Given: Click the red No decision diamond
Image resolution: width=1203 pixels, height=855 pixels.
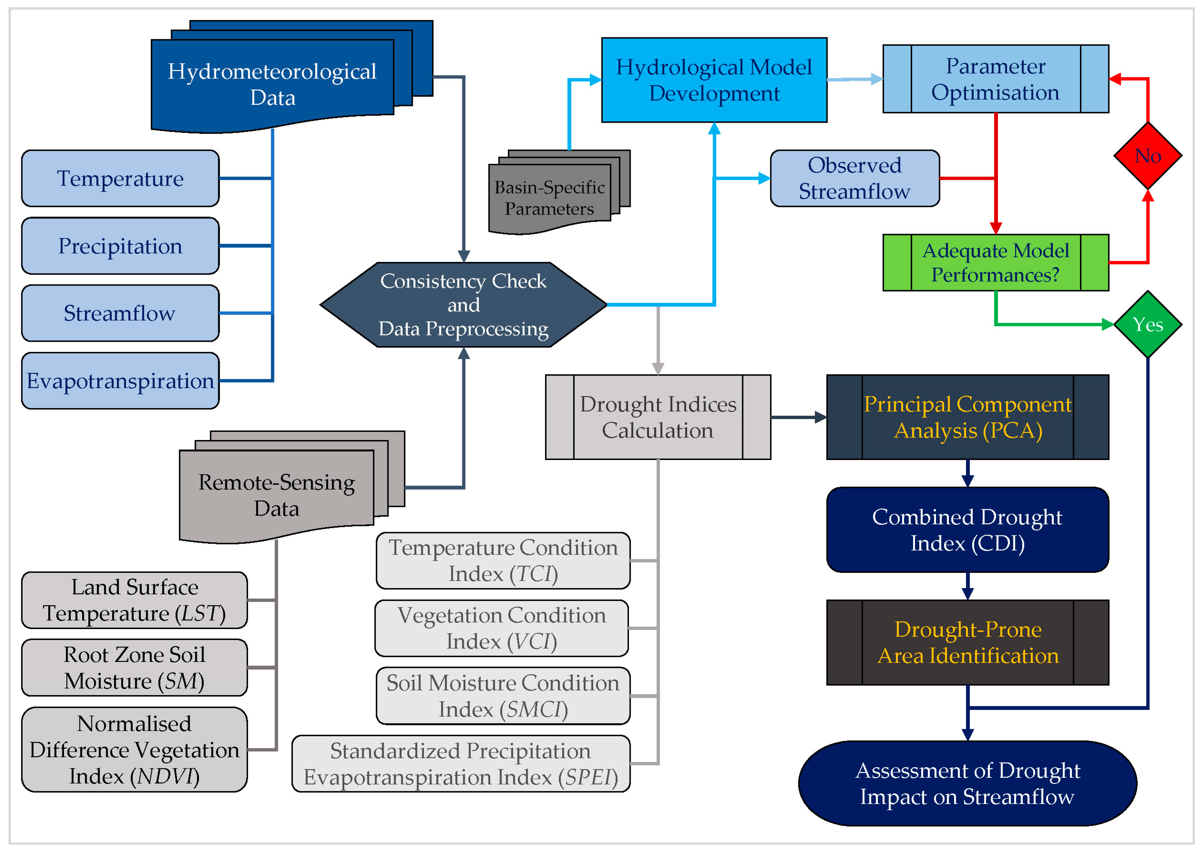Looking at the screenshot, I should (1147, 156).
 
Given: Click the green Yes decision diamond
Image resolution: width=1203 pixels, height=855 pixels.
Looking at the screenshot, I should (1147, 324).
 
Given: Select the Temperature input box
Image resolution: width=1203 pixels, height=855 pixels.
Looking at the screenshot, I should (120, 178).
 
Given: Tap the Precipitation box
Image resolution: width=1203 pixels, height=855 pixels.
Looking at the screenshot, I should (120, 246).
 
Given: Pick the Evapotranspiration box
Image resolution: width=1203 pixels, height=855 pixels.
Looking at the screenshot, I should (120, 381).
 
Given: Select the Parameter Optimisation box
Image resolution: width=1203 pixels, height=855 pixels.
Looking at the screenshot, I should (995, 79).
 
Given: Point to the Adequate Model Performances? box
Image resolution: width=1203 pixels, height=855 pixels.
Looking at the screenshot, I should (995, 263).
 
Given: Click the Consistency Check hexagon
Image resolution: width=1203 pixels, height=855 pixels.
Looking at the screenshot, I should (463, 305).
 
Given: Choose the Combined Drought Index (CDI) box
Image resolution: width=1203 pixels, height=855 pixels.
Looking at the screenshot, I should (967, 530).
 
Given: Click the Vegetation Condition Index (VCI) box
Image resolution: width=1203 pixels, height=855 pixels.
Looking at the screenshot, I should (501, 628).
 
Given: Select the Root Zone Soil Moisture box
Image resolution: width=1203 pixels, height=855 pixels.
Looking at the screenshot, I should (134, 668).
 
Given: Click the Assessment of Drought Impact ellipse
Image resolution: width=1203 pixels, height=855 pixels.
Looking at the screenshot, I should (967, 783).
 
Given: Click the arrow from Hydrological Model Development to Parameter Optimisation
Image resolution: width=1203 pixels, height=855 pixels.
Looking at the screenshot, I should (855, 79).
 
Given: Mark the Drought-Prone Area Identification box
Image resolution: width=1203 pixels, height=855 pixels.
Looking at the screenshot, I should (967, 642).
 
